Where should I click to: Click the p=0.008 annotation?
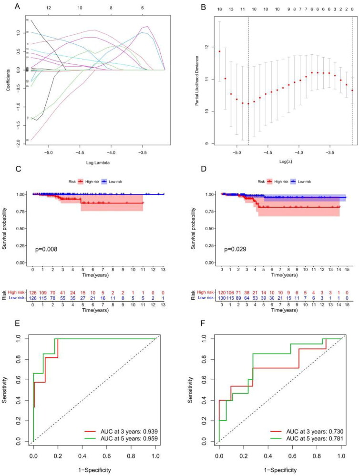point(47,249)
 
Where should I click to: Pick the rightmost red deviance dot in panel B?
point(352,91)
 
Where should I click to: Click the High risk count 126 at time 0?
point(32,292)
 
